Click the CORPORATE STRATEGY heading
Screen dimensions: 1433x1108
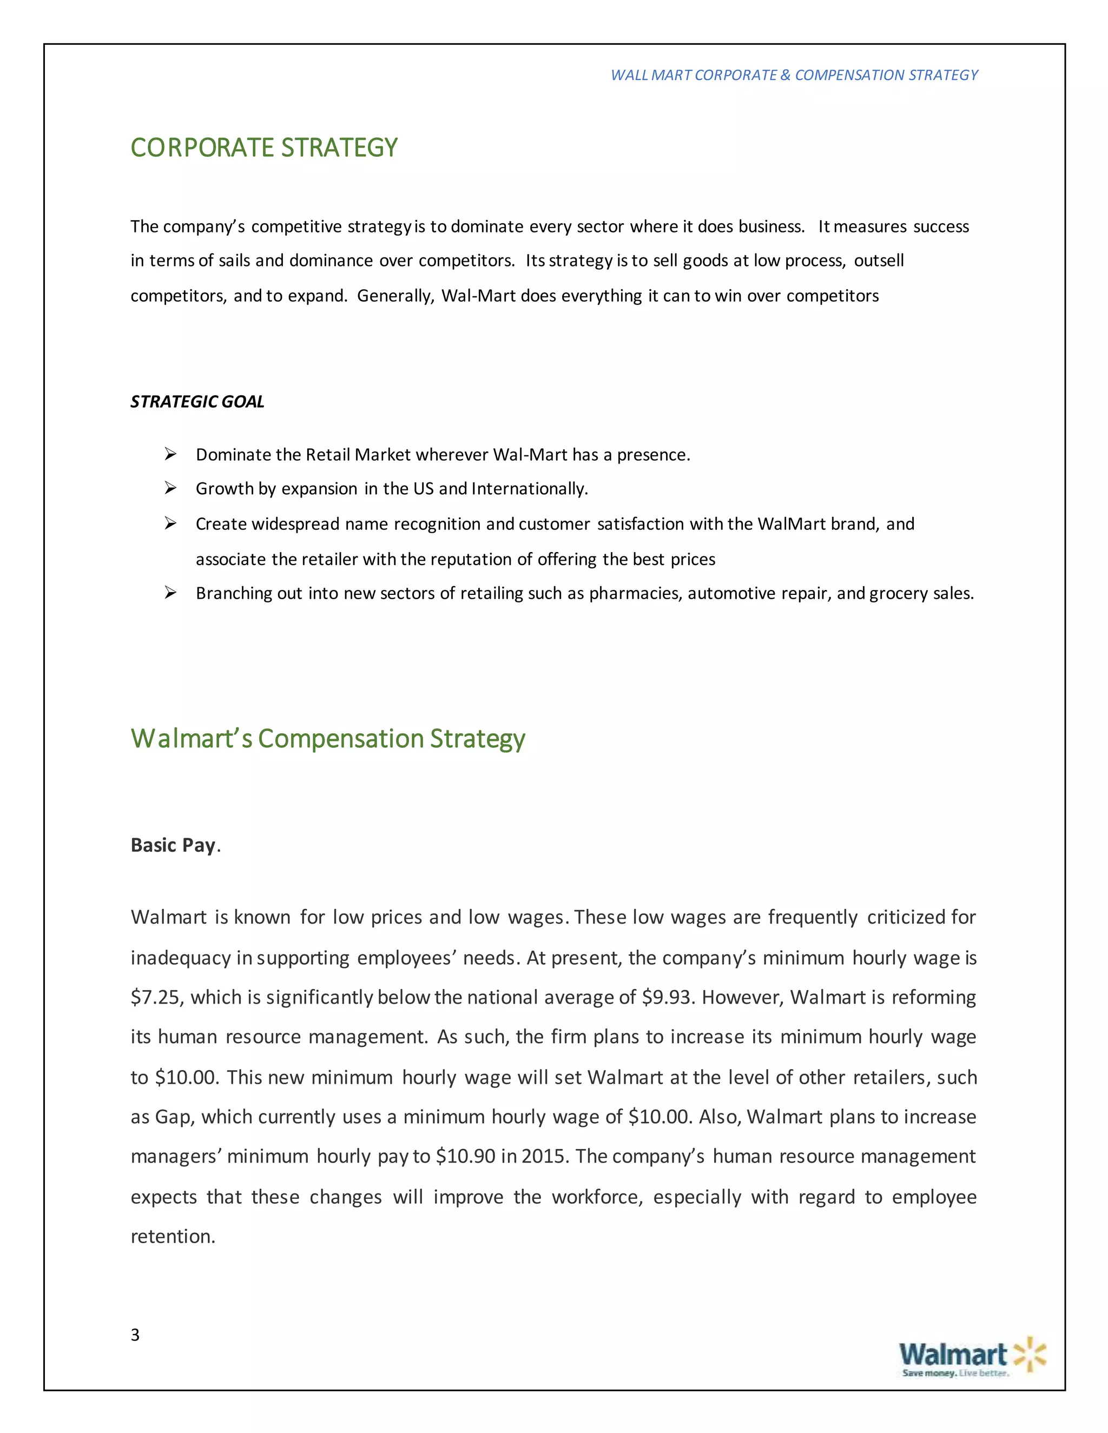[x=264, y=148]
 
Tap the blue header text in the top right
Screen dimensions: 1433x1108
[x=794, y=75]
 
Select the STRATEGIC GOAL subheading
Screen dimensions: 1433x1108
[x=197, y=402]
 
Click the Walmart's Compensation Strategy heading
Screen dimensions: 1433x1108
[x=327, y=739]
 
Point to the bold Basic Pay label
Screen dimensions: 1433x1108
[x=173, y=845]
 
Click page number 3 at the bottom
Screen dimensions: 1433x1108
[x=135, y=1335]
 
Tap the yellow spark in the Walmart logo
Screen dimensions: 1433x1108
[x=1029, y=1354]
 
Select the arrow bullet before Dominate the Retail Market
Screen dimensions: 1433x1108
[x=170, y=454]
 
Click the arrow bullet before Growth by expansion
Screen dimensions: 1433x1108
[x=170, y=488]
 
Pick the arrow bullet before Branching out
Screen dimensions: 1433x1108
[x=170, y=593]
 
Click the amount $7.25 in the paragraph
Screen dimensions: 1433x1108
[x=156, y=997]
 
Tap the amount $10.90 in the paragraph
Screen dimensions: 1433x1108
[x=465, y=1156]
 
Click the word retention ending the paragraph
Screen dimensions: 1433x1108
[x=172, y=1236]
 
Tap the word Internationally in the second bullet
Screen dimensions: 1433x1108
[x=529, y=489]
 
